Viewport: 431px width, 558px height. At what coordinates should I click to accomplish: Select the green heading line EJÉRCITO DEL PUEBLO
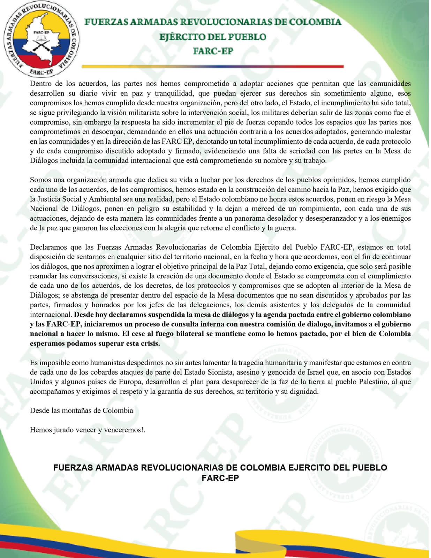click(x=213, y=37)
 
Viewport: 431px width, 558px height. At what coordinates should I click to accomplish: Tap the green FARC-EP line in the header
click(x=213, y=51)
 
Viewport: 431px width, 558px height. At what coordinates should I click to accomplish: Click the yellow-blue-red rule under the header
click(x=213, y=66)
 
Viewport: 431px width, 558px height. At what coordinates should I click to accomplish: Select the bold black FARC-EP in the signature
click(x=220, y=478)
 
